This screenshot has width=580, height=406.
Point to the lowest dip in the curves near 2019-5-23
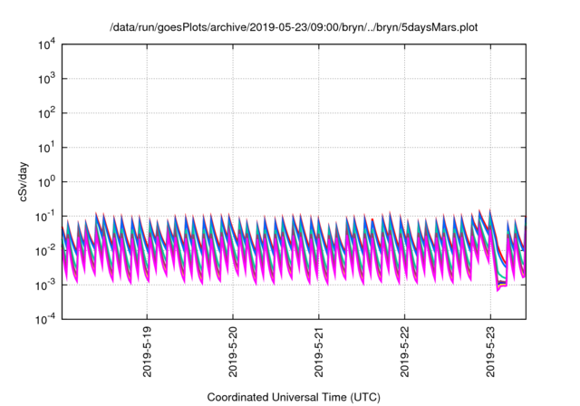pyautogui.click(x=498, y=289)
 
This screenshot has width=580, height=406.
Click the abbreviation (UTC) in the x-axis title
pyautogui.click(x=366, y=397)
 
